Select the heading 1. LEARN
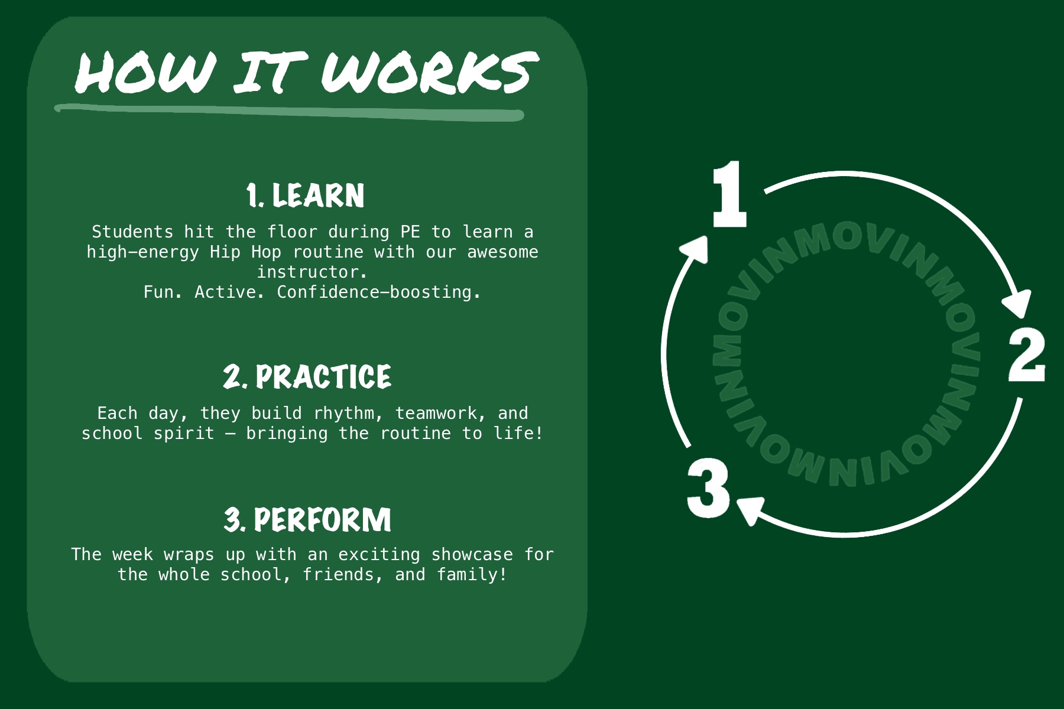pos(306,196)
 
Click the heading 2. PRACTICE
pos(307,376)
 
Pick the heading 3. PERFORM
pos(307,520)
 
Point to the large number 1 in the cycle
pos(729,195)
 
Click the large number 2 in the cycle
pos(1026,355)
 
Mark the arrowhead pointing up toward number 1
pos(696,248)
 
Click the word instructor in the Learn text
pos(312,272)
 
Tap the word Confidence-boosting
pos(378,292)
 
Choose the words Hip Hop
pos(245,252)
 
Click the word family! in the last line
pos(472,574)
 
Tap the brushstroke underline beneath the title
pos(290,112)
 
